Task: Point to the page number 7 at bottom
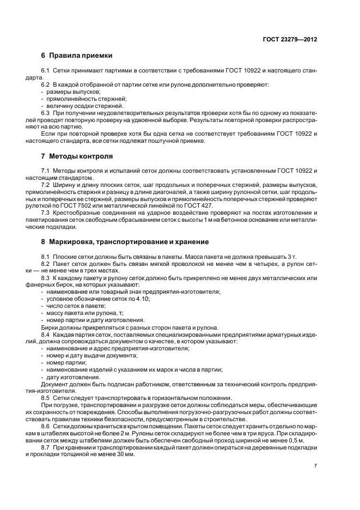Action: click(316, 466)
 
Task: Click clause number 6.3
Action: click(46, 113)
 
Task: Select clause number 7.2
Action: click(46, 186)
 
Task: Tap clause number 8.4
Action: click(46, 335)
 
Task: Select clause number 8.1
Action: click(46, 256)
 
